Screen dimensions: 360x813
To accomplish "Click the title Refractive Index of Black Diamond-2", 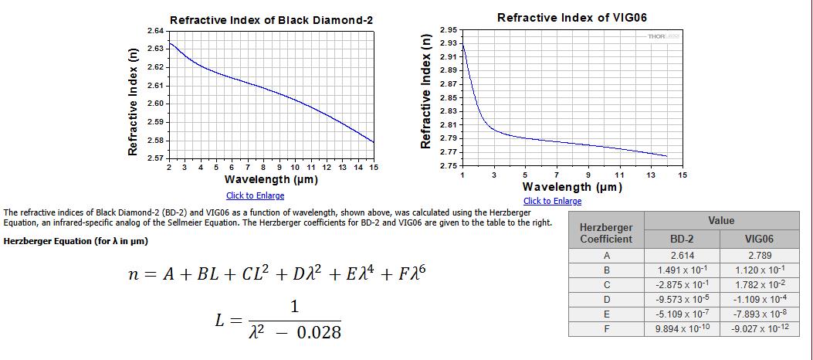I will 271,19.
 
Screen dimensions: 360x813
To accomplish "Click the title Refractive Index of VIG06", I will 572,17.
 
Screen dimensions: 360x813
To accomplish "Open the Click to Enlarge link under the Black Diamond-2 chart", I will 255,195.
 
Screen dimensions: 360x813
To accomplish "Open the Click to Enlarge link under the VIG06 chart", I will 552,201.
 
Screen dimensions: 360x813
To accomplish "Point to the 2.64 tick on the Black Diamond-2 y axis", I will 154,30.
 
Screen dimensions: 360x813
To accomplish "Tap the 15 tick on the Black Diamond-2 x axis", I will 374,167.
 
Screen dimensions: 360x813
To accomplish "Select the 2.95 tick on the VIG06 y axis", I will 449,29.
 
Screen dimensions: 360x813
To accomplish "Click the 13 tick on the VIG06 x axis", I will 650,175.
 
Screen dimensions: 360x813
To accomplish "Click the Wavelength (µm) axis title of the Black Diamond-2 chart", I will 271,179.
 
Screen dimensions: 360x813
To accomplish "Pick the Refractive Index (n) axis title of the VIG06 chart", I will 425,91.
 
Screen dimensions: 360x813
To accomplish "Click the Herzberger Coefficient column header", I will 606,233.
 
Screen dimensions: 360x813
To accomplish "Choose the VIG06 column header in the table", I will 760,239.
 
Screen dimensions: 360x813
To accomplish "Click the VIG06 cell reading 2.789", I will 760,255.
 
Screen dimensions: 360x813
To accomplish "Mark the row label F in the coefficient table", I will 606,328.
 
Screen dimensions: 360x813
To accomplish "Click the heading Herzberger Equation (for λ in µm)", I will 76,241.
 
